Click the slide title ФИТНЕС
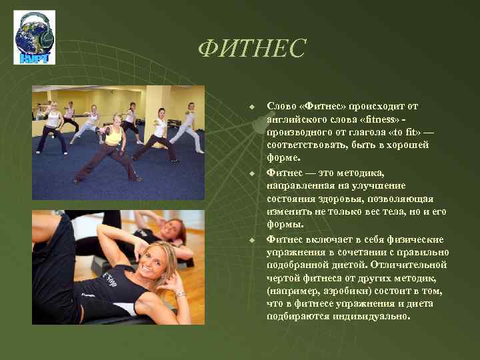click(x=252, y=48)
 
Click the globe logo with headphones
click(x=34, y=39)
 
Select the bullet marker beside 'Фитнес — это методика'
click(x=252, y=173)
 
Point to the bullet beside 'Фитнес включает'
click(x=252, y=240)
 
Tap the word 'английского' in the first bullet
click(x=294, y=119)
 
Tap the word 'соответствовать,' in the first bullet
click(x=302, y=145)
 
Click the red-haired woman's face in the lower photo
click(x=173, y=231)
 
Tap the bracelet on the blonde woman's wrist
click(x=179, y=294)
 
